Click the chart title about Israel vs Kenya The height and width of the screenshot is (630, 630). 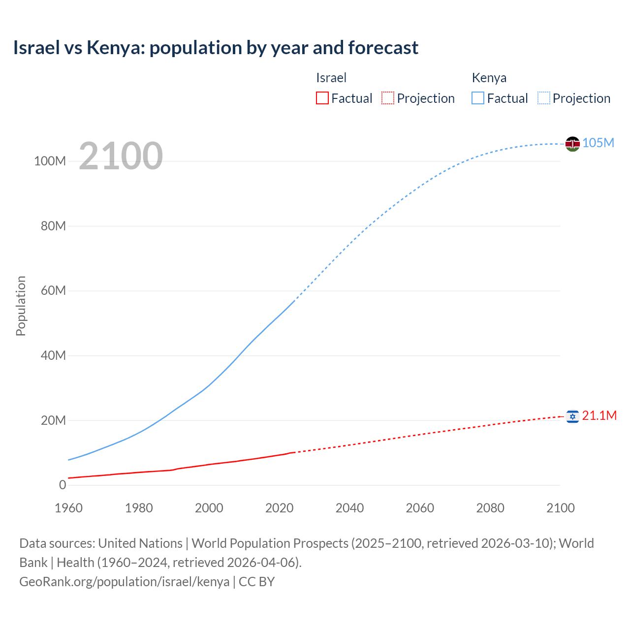pyautogui.click(x=216, y=48)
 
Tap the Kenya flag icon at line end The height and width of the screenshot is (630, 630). pyautogui.click(x=572, y=144)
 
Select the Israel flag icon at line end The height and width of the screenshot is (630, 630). pyautogui.click(x=572, y=416)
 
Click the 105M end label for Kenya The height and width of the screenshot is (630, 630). pyautogui.click(x=598, y=143)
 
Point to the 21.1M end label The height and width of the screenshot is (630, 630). pyautogui.click(x=599, y=416)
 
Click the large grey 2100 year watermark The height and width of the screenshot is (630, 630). pyautogui.click(x=121, y=156)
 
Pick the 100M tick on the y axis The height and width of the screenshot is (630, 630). pyautogui.click(x=50, y=161)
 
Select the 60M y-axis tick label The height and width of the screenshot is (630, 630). pyautogui.click(x=53, y=291)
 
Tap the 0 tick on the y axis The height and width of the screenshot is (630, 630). pyautogui.click(x=63, y=485)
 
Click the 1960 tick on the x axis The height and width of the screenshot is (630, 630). pyautogui.click(x=68, y=508)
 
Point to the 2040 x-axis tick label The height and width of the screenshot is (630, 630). pyautogui.click(x=349, y=508)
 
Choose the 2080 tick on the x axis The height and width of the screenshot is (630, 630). pyautogui.click(x=490, y=508)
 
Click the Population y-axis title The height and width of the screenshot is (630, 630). pyautogui.click(x=21, y=306)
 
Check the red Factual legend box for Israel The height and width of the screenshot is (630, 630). pyautogui.click(x=322, y=98)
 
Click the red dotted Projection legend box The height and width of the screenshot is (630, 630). pyautogui.click(x=388, y=98)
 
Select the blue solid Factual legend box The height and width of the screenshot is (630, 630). pyautogui.click(x=478, y=98)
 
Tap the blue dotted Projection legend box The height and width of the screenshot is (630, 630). pyautogui.click(x=544, y=98)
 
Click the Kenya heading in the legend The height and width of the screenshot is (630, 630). pyautogui.click(x=489, y=78)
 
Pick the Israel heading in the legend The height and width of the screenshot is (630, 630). pyautogui.click(x=331, y=78)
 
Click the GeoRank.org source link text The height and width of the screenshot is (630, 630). pyautogui.click(x=124, y=582)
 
